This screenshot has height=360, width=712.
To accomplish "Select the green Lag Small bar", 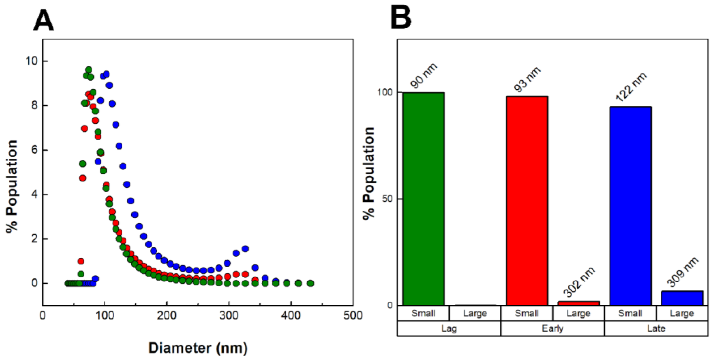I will (423, 199).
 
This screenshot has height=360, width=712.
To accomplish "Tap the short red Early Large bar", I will (579, 303).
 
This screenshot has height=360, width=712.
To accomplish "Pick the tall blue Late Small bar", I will (630, 206).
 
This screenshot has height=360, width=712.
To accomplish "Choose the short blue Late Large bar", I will (682, 298).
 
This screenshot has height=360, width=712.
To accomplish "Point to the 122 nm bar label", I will (631, 87).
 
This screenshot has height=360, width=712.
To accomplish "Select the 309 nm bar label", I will (683, 272).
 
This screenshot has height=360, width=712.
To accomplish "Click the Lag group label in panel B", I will (449, 328).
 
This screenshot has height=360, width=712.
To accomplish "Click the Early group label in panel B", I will (552, 328).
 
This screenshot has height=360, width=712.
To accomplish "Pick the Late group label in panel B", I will (656, 328).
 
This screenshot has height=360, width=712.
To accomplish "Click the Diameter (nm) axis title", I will (198, 348).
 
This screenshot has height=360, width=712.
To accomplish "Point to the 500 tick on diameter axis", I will (353, 315).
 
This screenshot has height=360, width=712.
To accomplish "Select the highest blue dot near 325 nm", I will (245, 249).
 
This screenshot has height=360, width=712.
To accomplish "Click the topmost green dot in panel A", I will (88, 70).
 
